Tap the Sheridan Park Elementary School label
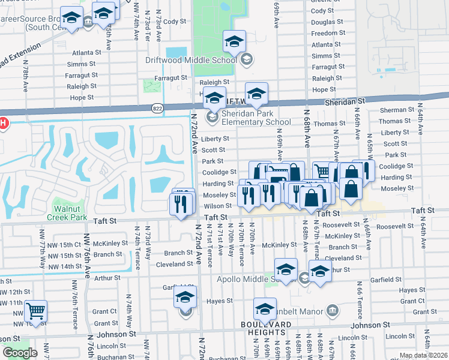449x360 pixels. pos(240,118)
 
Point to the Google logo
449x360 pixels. pos(20,353)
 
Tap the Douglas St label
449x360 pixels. pos(327,22)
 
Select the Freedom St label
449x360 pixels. pos(328,34)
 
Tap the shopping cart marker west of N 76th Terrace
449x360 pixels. pos(36,311)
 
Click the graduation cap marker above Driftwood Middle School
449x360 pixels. pos(234,41)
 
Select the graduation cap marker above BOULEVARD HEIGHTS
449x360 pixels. pos(264,308)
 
